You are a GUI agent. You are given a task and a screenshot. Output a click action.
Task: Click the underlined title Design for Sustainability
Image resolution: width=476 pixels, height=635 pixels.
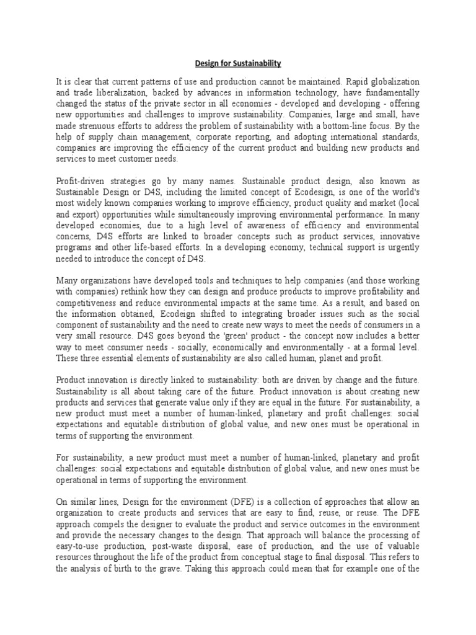pyautogui.click(x=239, y=63)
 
